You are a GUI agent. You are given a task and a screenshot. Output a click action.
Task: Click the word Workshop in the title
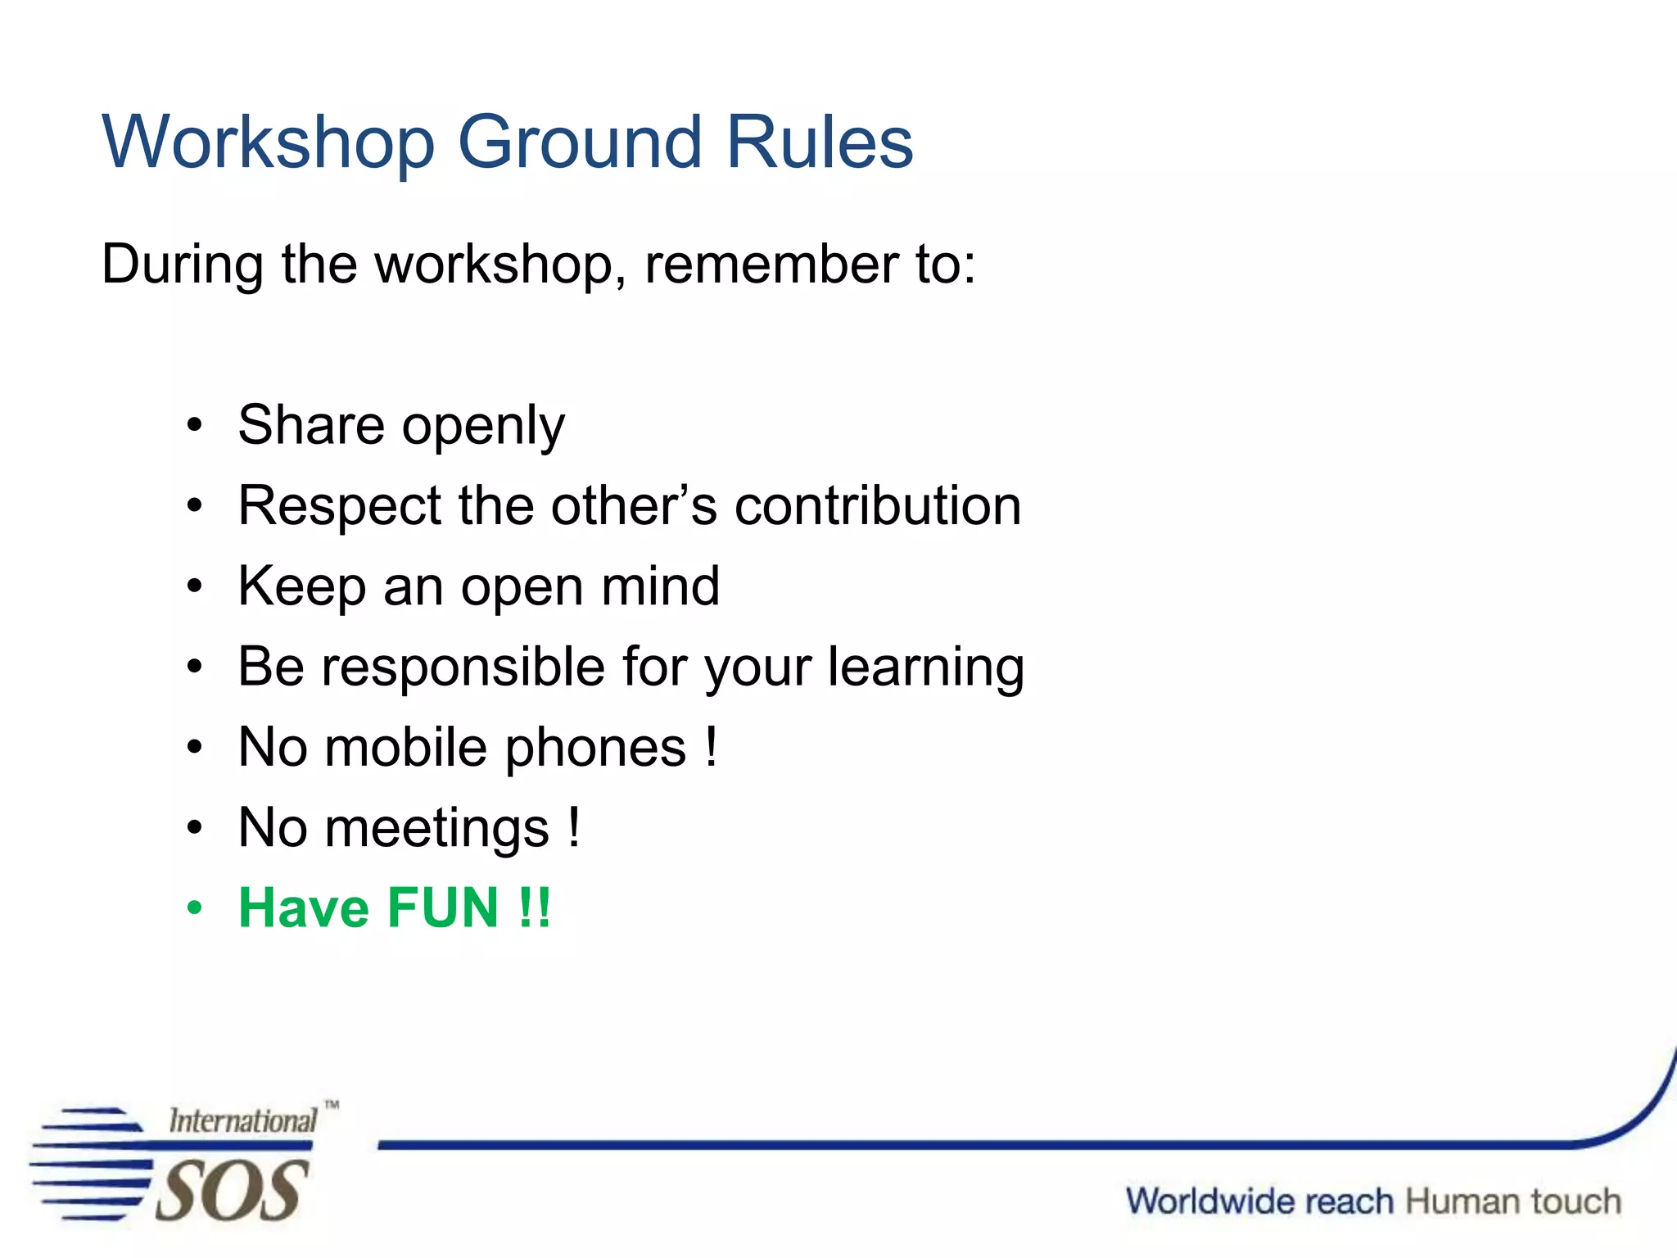pos(268,143)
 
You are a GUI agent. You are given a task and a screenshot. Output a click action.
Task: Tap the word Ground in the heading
pos(580,143)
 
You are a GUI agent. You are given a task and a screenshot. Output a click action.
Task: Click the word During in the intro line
pos(183,265)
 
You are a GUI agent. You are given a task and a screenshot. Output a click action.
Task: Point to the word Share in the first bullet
pos(311,425)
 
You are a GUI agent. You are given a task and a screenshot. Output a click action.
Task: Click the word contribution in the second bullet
pos(878,505)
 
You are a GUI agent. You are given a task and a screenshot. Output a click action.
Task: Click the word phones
pos(595,748)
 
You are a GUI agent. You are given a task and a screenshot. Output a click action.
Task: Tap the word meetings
pos(436,828)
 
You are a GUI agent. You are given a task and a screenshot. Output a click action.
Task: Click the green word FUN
pos(442,908)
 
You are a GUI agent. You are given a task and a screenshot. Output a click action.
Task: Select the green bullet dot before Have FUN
pos(194,908)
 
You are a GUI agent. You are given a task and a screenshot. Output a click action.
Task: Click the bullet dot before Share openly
pos(194,426)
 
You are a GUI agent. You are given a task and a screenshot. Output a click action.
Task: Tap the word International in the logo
pos(242,1120)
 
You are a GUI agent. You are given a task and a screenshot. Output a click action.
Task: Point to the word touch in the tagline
pos(1575,1201)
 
